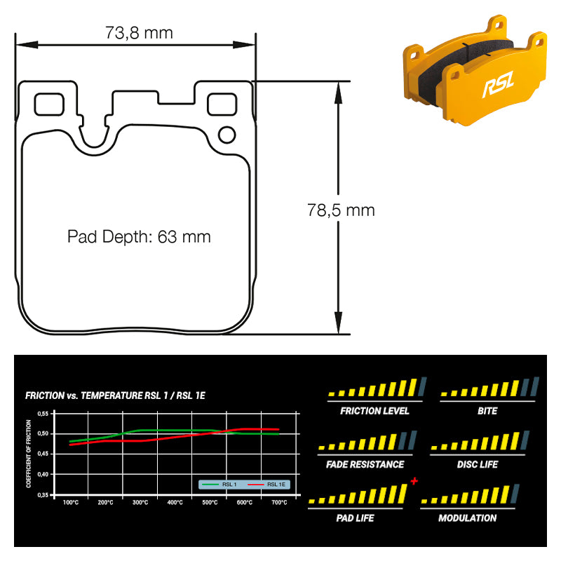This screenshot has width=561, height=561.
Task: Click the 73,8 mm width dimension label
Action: [x=139, y=33]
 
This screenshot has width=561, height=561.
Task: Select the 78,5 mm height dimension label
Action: [x=341, y=210]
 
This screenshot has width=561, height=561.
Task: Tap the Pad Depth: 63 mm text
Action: [x=139, y=237]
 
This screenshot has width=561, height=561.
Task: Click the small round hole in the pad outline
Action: [x=227, y=135]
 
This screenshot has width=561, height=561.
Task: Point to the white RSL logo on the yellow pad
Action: [x=499, y=84]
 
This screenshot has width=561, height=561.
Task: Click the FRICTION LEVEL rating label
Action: [x=374, y=411]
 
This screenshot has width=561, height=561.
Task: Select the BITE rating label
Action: [x=487, y=411]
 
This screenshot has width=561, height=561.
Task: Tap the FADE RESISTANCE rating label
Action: [x=365, y=464]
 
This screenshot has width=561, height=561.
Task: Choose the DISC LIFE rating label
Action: [x=478, y=464]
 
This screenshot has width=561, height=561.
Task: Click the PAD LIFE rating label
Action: [x=355, y=518]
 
